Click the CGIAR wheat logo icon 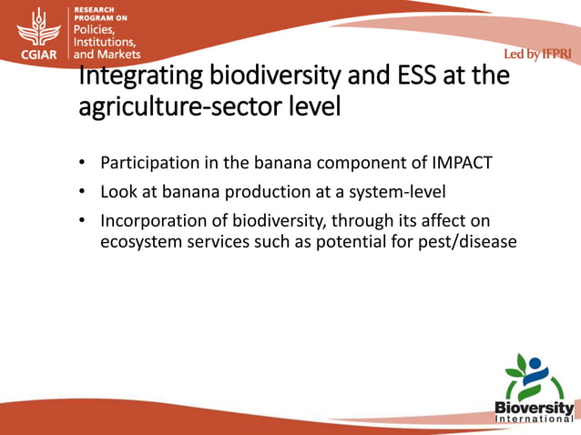(36, 27)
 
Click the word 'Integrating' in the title (138, 75)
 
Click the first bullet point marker (81, 164)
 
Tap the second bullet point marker (81, 193)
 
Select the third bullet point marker (81, 221)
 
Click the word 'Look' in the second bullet (118, 192)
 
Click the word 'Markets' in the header (120, 54)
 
